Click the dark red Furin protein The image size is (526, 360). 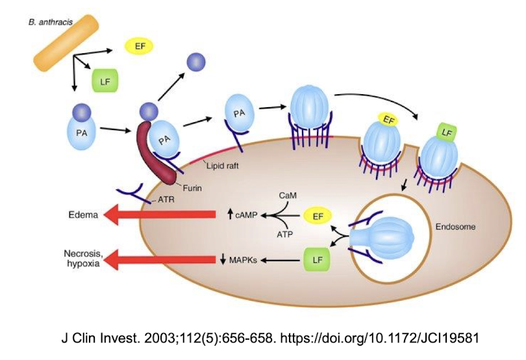(x=157, y=153)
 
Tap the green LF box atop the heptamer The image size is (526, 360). (x=445, y=133)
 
